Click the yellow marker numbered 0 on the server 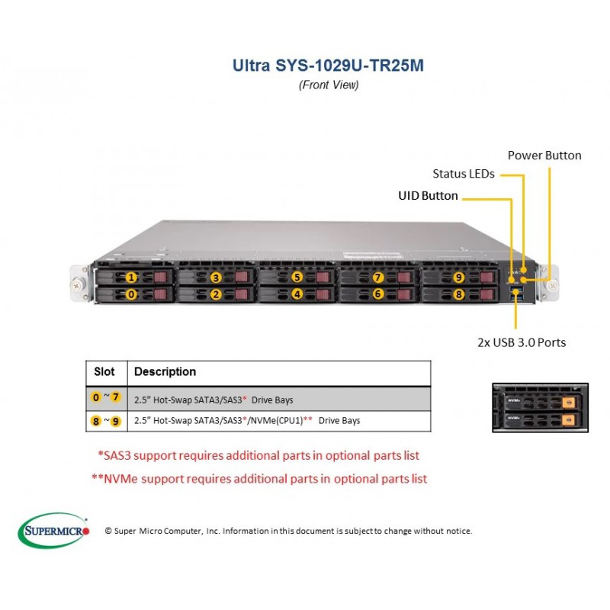(x=131, y=294)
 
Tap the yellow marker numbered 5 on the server (x=297, y=277)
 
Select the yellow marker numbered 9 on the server (x=459, y=277)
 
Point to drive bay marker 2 (x=216, y=294)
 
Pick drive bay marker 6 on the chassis (x=377, y=294)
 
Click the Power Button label (x=544, y=156)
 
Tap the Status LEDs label (x=464, y=174)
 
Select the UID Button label (x=428, y=195)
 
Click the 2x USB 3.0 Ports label (x=522, y=342)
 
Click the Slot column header (x=104, y=371)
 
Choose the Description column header (x=165, y=371)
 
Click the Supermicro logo (x=53, y=531)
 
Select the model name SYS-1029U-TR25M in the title (x=349, y=66)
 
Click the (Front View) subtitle (x=329, y=85)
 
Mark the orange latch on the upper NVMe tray (x=568, y=403)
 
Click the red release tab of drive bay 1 (x=160, y=277)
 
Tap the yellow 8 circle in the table (x=96, y=421)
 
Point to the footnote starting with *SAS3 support (x=258, y=455)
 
